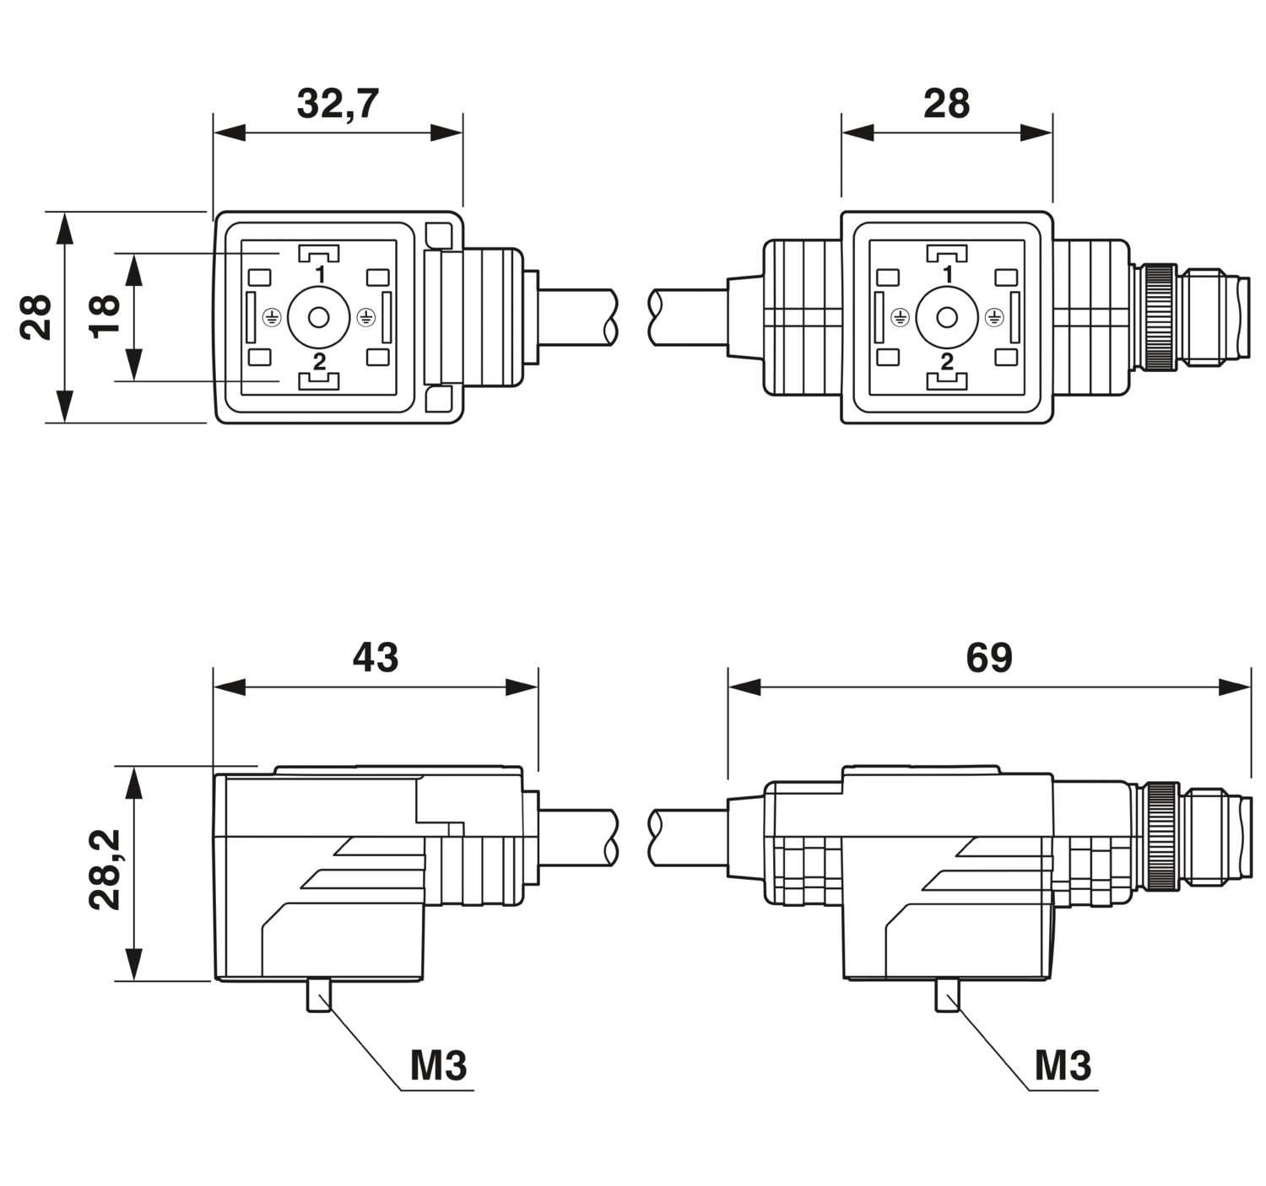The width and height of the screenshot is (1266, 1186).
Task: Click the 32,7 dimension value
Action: [338, 104]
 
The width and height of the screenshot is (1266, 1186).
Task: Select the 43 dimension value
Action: [376, 658]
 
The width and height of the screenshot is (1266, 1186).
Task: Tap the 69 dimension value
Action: [988, 658]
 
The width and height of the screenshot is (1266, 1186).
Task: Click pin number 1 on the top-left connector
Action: [320, 275]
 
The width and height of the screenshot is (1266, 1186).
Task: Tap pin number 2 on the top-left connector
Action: [319, 362]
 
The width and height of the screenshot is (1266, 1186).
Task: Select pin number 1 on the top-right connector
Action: [948, 275]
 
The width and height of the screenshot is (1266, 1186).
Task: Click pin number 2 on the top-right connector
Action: [947, 362]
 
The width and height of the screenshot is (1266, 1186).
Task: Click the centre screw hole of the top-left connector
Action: [319, 316]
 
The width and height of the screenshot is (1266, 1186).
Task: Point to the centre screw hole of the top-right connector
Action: [947, 316]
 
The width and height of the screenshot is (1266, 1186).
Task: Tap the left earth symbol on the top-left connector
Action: [273, 316]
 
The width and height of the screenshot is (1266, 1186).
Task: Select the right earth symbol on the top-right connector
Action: [993, 316]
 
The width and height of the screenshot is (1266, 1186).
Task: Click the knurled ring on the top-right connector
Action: [1161, 316]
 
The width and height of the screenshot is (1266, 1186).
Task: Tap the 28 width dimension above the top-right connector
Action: [947, 104]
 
